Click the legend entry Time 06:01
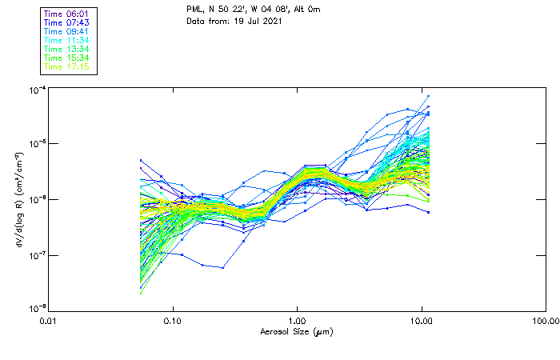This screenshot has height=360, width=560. click(67, 13)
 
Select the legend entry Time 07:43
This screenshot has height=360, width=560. click(67, 22)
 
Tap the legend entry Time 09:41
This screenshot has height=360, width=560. click(67, 30)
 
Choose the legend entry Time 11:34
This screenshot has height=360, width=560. click(67, 39)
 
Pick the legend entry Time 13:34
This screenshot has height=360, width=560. click(67, 49)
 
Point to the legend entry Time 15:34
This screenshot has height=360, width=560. click(67, 58)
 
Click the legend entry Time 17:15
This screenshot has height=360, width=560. click(67, 66)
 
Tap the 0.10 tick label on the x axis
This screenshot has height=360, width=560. click(173, 322)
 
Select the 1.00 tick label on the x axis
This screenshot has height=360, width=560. click(297, 322)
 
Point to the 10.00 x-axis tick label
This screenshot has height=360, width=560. click(422, 322)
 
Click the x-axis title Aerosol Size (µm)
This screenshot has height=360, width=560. click(297, 332)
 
